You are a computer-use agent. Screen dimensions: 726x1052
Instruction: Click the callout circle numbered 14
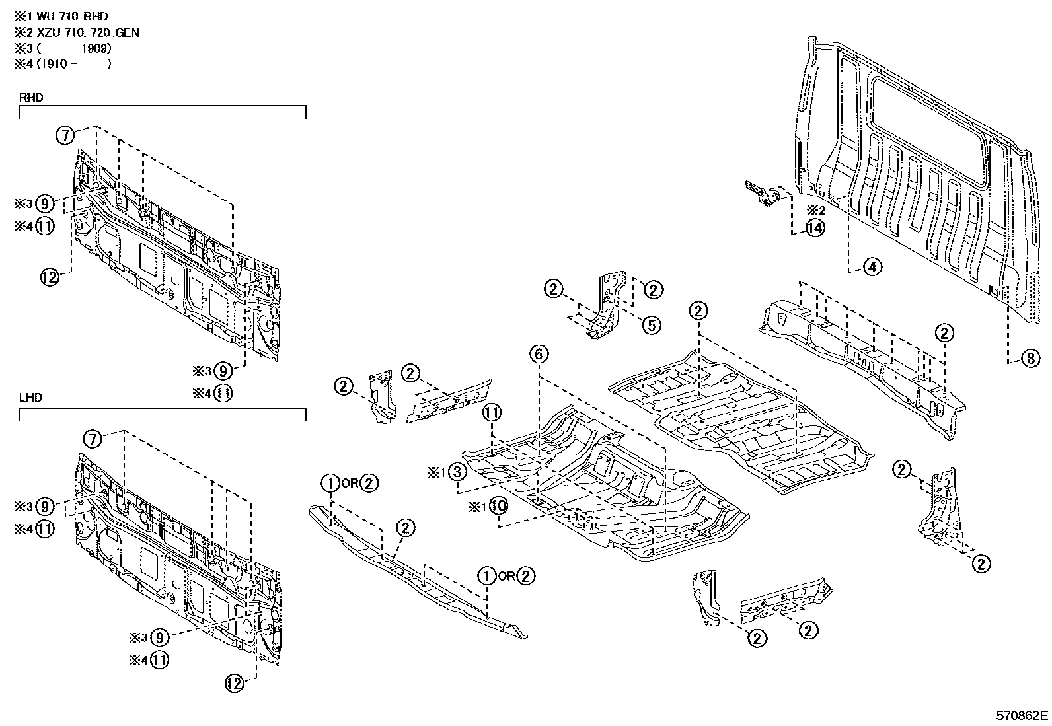coord(815,229)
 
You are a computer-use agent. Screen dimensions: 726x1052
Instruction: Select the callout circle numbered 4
coord(872,268)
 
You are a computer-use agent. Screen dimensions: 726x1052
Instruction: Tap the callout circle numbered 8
coord(1030,359)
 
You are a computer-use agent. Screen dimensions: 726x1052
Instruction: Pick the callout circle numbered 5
coord(651,324)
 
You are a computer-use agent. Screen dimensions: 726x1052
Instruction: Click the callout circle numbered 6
coord(539,354)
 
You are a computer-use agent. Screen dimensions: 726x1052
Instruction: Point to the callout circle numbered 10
coord(498,507)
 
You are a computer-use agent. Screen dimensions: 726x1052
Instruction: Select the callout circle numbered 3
coord(457,472)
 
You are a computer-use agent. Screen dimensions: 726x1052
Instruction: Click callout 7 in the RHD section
coord(65,136)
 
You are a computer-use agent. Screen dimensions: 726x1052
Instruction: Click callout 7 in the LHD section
coord(93,438)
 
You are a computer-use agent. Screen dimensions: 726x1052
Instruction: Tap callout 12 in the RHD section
coord(50,277)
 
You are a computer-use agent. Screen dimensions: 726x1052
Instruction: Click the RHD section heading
coord(31,97)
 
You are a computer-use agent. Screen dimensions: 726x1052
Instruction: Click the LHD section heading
coord(31,398)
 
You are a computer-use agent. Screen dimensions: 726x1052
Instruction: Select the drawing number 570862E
coord(1022,715)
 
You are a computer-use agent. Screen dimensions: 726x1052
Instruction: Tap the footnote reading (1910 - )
coord(73,64)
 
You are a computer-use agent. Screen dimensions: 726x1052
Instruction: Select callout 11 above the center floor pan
coord(492,413)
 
